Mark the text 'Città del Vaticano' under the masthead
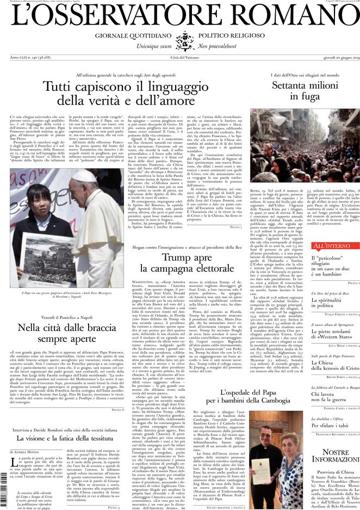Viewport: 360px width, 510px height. tap(180, 57)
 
